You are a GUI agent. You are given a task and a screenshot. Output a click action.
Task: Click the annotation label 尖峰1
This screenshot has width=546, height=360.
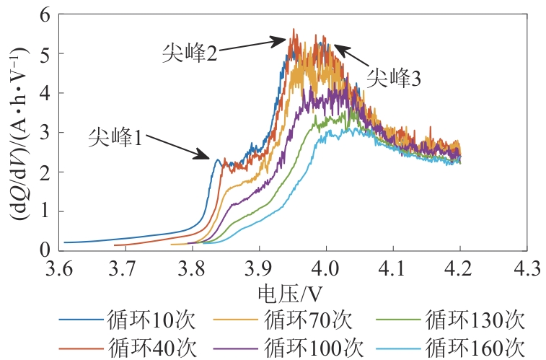click(x=115, y=136)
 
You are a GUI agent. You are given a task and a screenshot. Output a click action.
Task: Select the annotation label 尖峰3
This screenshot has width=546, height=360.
click(x=393, y=78)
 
